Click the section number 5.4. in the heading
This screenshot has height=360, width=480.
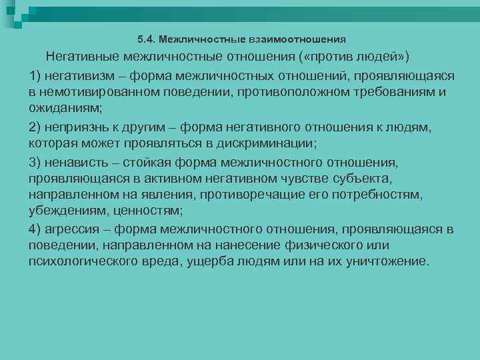(146, 39)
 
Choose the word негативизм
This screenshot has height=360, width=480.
(77, 73)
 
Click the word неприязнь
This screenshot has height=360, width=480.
(76, 127)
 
